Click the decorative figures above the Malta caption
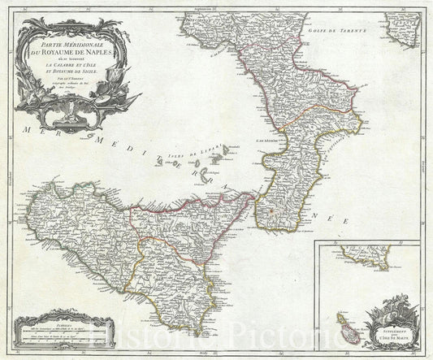pyautogui.click(x=387, y=313)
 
